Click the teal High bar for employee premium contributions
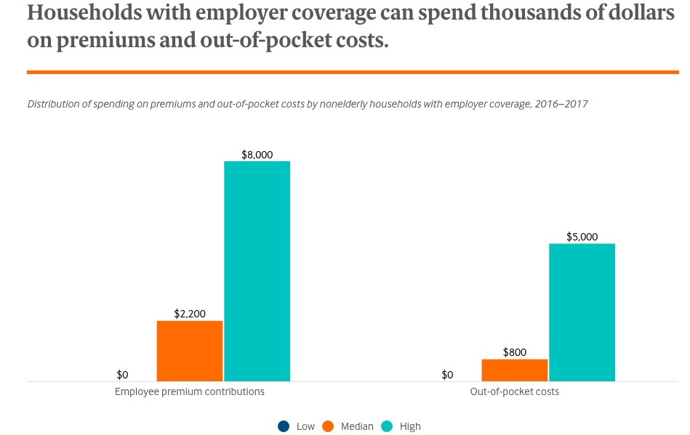[257, 271]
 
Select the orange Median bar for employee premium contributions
[190, 351]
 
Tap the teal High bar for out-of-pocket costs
[582, 312]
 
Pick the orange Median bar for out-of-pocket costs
[515, 370]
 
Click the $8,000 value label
[257, 155]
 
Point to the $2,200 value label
[190, 314]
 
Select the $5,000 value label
[582, 237]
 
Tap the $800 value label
[515, 352]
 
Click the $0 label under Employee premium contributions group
[122, 375]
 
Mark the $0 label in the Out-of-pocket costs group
[447, 375]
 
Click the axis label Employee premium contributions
[190, 391]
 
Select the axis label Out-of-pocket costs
[515, 391]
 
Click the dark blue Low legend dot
[284, 426]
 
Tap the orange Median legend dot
[328, 426]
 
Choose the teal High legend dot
[388, 426]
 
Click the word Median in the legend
[357, 426]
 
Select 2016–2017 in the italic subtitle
[561, 104]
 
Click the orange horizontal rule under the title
[353, 72]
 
